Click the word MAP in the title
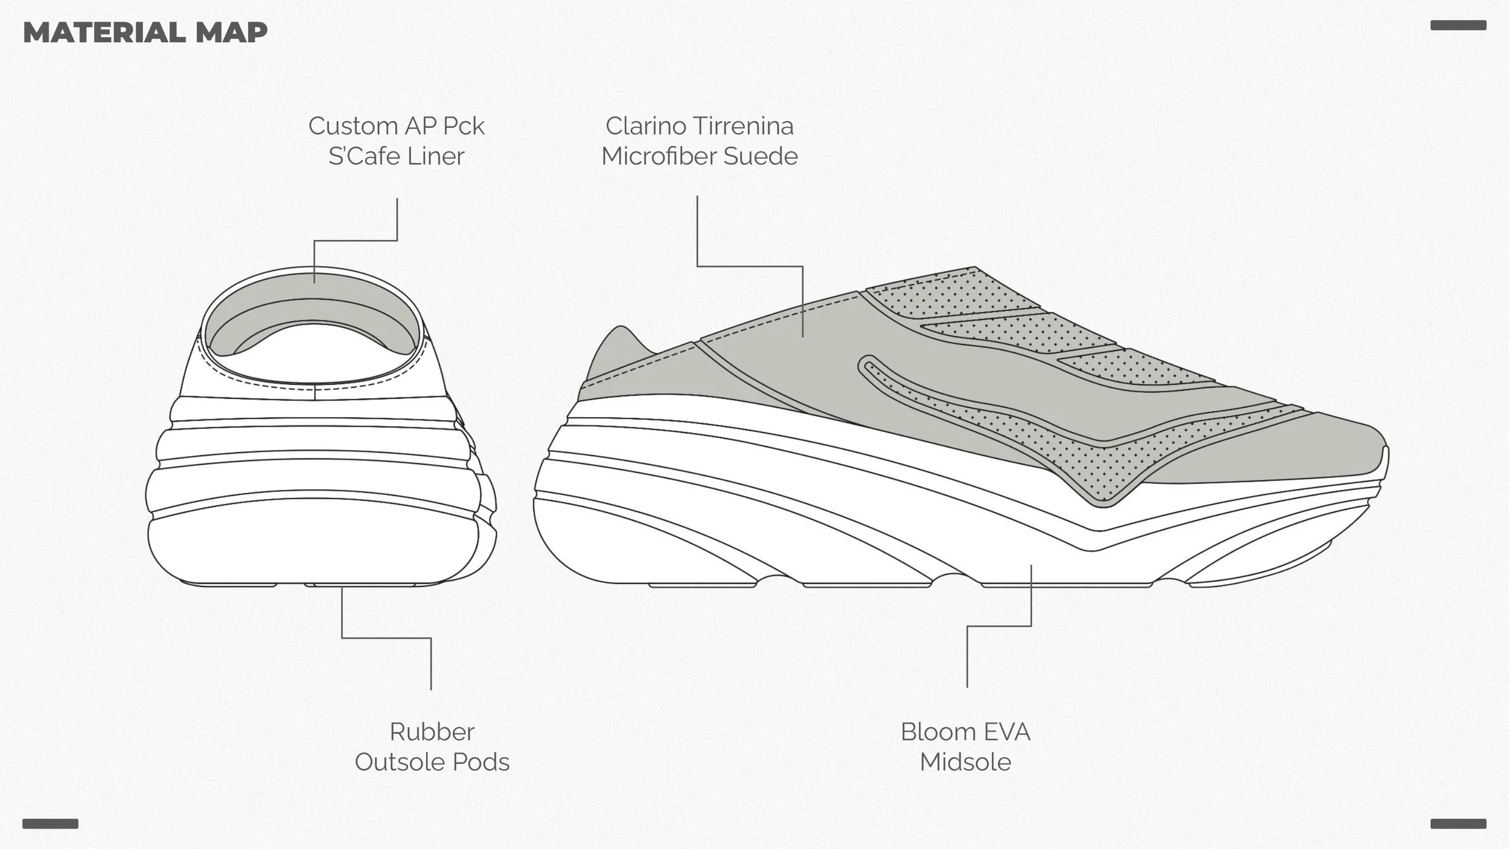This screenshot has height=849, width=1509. (x=231, y=33)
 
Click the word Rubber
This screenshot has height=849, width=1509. (x=432, y=732)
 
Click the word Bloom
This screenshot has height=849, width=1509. (x=936, y=732)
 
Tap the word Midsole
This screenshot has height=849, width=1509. (x=965, y=762)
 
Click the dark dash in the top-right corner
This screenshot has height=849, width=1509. (x=1458, y=25)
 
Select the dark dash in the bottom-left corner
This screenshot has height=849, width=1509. (x=50, y=824)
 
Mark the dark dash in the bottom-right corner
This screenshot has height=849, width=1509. (x=1458, y=824)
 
